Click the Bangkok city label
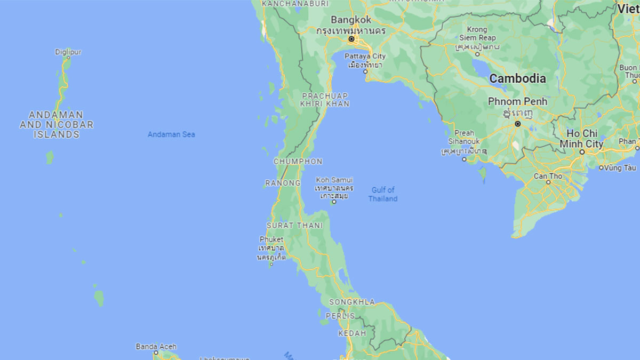point(351,20)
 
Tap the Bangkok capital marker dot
point(351,39)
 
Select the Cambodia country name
point(517,78)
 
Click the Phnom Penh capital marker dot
point(517,124)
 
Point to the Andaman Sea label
point(171,134)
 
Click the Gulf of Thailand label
point(383,194)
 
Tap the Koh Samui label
point(334,180)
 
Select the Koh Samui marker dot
point(334,202)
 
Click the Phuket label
point(271,239)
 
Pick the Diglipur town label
point(68,52)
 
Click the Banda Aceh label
point(156,347)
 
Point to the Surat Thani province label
point(294,226)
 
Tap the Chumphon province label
point(298,161)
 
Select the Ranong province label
point(283,183)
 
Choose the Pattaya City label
point(365,57)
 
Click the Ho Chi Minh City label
point(581,139)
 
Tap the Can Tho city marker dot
point(548,182)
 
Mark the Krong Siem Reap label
point(477,34)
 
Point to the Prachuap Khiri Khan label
point(325,100)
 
